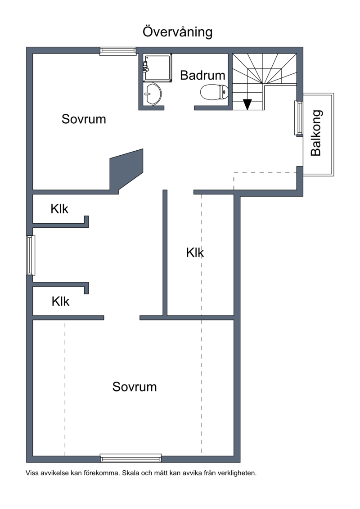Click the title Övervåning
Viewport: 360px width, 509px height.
(x=178, y=32)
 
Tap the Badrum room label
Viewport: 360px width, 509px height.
(x=202, y=75)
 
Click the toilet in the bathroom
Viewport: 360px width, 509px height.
(x=214, y=92)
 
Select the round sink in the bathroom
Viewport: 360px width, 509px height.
(x=153, y=94)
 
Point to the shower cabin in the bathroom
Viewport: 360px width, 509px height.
(x=157, y=68)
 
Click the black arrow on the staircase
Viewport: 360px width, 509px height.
(x=247, y=104)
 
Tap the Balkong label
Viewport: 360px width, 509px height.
(x=316, y=133)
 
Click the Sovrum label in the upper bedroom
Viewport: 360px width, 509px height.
(x=84, y=119)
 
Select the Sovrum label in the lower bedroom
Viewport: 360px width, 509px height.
(x=135, y=387)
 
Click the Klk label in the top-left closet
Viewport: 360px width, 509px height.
(x=59, y=209)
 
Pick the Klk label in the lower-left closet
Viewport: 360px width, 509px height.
(x=60, y=301)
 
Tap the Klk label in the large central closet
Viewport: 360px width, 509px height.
(x=195, y=252)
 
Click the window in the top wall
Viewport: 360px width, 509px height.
(x=118, y=51)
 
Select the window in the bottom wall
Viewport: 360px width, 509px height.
(x=131, y=458)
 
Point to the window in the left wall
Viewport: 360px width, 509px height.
(x=31, y=255)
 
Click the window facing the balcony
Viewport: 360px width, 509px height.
(x=299, y=118)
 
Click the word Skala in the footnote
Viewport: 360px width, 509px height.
(x=131, y=473)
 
